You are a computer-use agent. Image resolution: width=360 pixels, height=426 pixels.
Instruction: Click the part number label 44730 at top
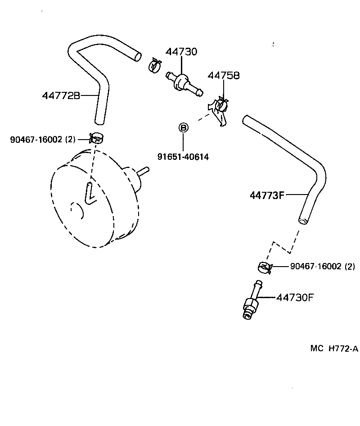pos(181,52)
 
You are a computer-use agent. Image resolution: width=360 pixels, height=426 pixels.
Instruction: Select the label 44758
pos(223,76)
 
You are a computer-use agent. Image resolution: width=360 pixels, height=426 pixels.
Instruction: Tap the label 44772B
pos(61,95)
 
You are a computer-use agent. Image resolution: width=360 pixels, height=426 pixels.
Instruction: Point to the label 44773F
pos(267,195)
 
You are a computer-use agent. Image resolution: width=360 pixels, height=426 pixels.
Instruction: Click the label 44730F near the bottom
pos(294,298)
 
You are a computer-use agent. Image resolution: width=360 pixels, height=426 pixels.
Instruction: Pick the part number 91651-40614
pos(183,157)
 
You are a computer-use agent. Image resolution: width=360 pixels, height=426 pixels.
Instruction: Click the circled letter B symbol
pos(183,128)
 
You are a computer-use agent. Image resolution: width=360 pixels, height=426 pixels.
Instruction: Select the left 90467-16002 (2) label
pos(43,140)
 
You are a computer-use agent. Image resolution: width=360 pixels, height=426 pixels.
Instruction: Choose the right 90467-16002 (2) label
pos(322,267)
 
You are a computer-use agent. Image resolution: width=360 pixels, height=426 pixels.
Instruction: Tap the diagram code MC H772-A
pos(334,348)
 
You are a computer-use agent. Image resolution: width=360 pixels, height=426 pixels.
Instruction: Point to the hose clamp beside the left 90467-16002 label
pos(96,137)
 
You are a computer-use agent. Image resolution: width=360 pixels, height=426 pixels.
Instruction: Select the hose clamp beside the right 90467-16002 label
pos(265,267)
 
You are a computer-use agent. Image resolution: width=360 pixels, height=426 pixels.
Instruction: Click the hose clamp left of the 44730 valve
pos(155,66)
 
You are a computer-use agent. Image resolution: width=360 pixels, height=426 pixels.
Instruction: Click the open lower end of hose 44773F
pos(304,220)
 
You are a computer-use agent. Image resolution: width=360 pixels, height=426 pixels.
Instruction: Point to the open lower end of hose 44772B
pos(99,121)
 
